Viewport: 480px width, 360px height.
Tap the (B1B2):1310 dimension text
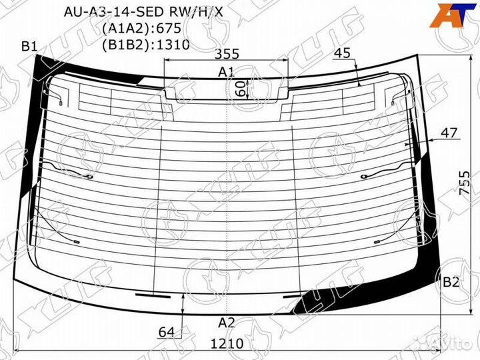tap(146, 45)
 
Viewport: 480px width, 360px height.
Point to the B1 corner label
tap(29, 46)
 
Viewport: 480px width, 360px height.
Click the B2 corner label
tap(451, 282)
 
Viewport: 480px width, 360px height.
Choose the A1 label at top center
tap(226, 72)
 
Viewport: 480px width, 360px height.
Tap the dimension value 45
tap(343, 53)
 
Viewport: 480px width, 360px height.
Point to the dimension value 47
tap(449, 133)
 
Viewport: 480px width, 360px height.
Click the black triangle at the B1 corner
tap(47, 67)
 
